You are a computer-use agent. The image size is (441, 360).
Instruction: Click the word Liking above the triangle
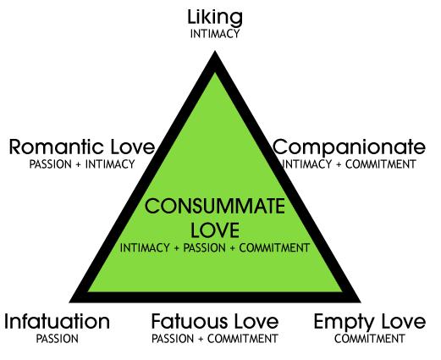tap(215, 19)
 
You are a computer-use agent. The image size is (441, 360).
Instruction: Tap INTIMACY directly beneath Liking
tap(215, 34)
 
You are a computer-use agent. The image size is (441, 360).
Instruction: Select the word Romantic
tap(56, 147)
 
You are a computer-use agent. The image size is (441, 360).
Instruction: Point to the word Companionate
tap(349, 148)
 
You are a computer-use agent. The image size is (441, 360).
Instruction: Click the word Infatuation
tap(58, 322)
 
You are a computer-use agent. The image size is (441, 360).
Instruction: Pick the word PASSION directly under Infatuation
tap(58, 339)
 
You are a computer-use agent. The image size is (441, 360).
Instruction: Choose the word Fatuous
tap(190, 322)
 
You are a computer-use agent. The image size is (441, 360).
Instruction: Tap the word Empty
tap(343, 323)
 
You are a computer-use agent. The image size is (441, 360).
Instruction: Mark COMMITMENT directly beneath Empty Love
tap(370, 339)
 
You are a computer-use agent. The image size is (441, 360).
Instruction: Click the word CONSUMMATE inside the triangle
tap(215, 206)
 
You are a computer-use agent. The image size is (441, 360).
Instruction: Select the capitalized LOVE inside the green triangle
tap(215, 230)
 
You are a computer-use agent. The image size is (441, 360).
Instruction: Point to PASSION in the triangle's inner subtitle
tap(205, 248)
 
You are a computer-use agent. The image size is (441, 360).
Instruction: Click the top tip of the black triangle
tap(215, 51)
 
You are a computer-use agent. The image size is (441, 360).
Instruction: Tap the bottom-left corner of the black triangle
tap(69, 302)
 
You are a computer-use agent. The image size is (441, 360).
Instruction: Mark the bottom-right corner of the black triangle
tap(361, 302)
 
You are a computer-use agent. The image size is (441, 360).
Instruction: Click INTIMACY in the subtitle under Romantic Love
tap(110, 164)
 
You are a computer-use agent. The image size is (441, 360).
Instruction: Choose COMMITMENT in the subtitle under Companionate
tap(381, 164)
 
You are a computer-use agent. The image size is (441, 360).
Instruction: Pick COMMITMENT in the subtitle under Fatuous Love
tap(243, 339)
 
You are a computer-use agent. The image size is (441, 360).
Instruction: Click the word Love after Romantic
tap(133, 147)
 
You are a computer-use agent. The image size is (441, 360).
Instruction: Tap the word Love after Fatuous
tap(256, 322)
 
